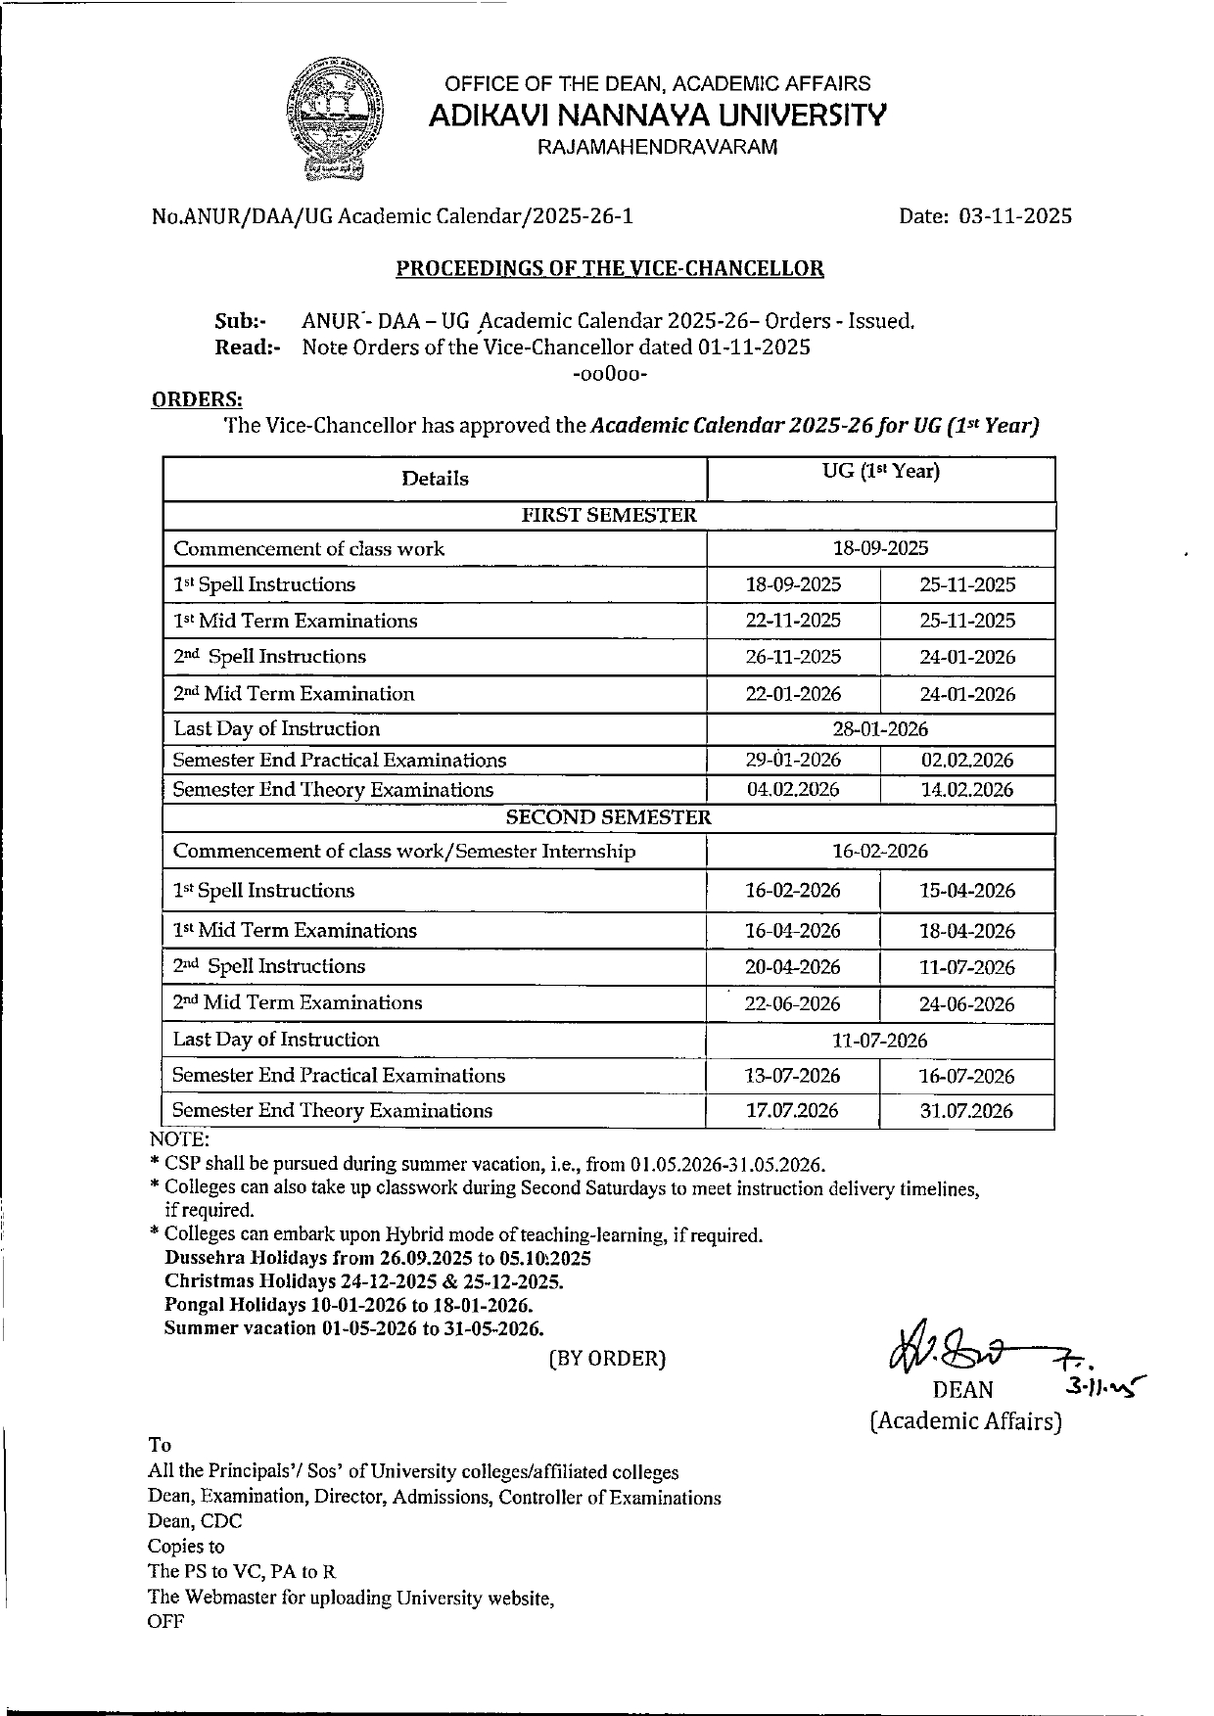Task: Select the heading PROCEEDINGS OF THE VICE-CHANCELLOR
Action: click(x=609, y=268)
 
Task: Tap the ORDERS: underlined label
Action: click(x=198, y=399)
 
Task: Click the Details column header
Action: click(x=435, y=479)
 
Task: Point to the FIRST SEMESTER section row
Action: click(x=608, y=516)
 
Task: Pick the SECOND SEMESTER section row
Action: click(x=608, y=817)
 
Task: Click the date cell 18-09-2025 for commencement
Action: click(x=880, y=549)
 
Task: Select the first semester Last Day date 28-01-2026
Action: click(x=880, y=729)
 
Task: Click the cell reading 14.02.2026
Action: click(x=967, y=790)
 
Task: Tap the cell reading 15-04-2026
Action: click(x=967, y=891)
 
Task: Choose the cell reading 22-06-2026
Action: click(x=793, y=1004)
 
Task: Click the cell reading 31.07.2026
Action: click(x=967, y=1111)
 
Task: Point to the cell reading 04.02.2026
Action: click(x=793, y=790)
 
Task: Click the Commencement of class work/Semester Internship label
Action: click(x=404, y=852)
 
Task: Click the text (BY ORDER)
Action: click(x=607, y=1359)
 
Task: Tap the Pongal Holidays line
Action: click(x=349, y=1306)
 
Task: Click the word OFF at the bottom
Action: click(x=165, y=1621)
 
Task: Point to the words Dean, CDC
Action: click(x=195, y=1521)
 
